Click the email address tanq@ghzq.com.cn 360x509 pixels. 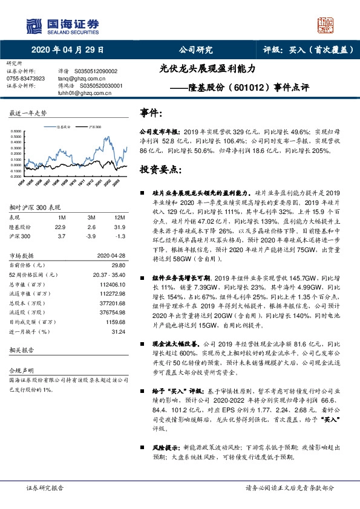tap(82, 79)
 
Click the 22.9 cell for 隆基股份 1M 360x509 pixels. tap(59, 227)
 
